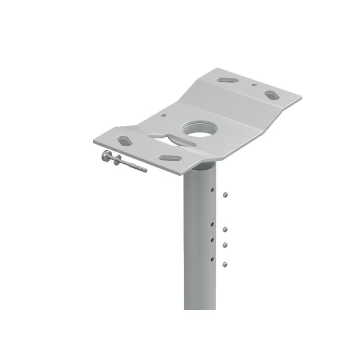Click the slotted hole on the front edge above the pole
point(170,158)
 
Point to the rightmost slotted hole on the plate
point(271,95)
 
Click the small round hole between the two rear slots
point(254,84)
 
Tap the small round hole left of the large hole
point(163,115)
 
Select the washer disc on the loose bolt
point(117,160)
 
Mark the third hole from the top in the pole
point(211,239)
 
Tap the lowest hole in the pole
point(211,259)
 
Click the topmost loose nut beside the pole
point(225,194)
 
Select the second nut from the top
point(225,229)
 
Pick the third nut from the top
point(225,245)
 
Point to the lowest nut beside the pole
point(225,264)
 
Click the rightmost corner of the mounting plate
point(301,97)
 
